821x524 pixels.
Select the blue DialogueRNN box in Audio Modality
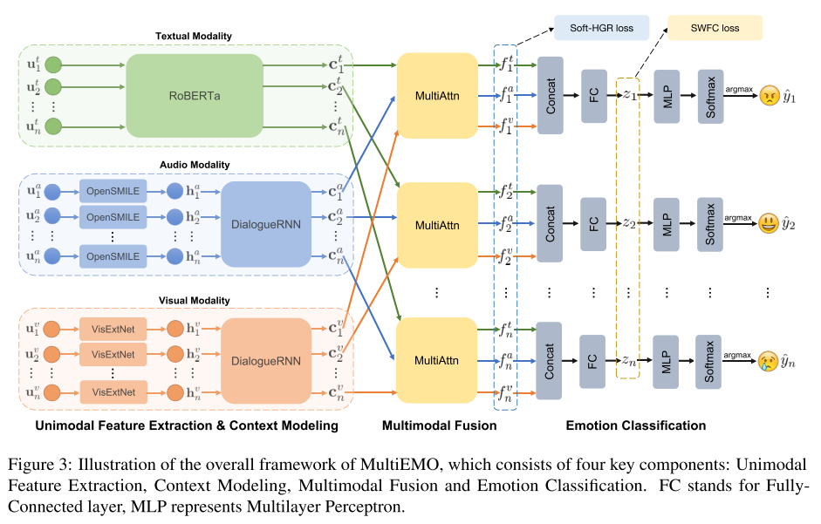pyautogui.click(x=266, y=222)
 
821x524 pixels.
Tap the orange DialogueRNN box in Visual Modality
pyautogui.click(x=266, y=358)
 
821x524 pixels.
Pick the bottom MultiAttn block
pyautogui.click(x=436, y=359)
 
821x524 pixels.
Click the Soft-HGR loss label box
pyautogui.click(x=601, y=28)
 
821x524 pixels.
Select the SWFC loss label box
pyautogui.click(x=715, y=28)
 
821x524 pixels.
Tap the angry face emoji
pyautogui.click(x=768, y=95)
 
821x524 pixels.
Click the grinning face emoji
pyautogui.click(x=768, y=223)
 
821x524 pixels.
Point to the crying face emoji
pyautogui.click(x=768, y=359)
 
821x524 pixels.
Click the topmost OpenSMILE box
pyautogui.click(x=113, y=190)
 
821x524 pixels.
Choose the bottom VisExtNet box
pyautogui.click(x=113, y=391)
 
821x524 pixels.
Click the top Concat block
pyautogui.click(x=551, y=95)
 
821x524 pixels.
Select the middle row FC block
pyautogui.click(x=593, y=223)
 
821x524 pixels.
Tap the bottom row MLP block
pyautogui.click(x=667, y=359)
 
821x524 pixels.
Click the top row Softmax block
pyautogui.click(x=709, y=95)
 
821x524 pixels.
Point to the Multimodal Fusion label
pyautogui.click(x=439, y=425)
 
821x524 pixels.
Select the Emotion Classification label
pyautogui.click(x=635, y=425)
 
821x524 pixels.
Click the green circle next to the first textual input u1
pyautogui.click(x=55, y=65)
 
